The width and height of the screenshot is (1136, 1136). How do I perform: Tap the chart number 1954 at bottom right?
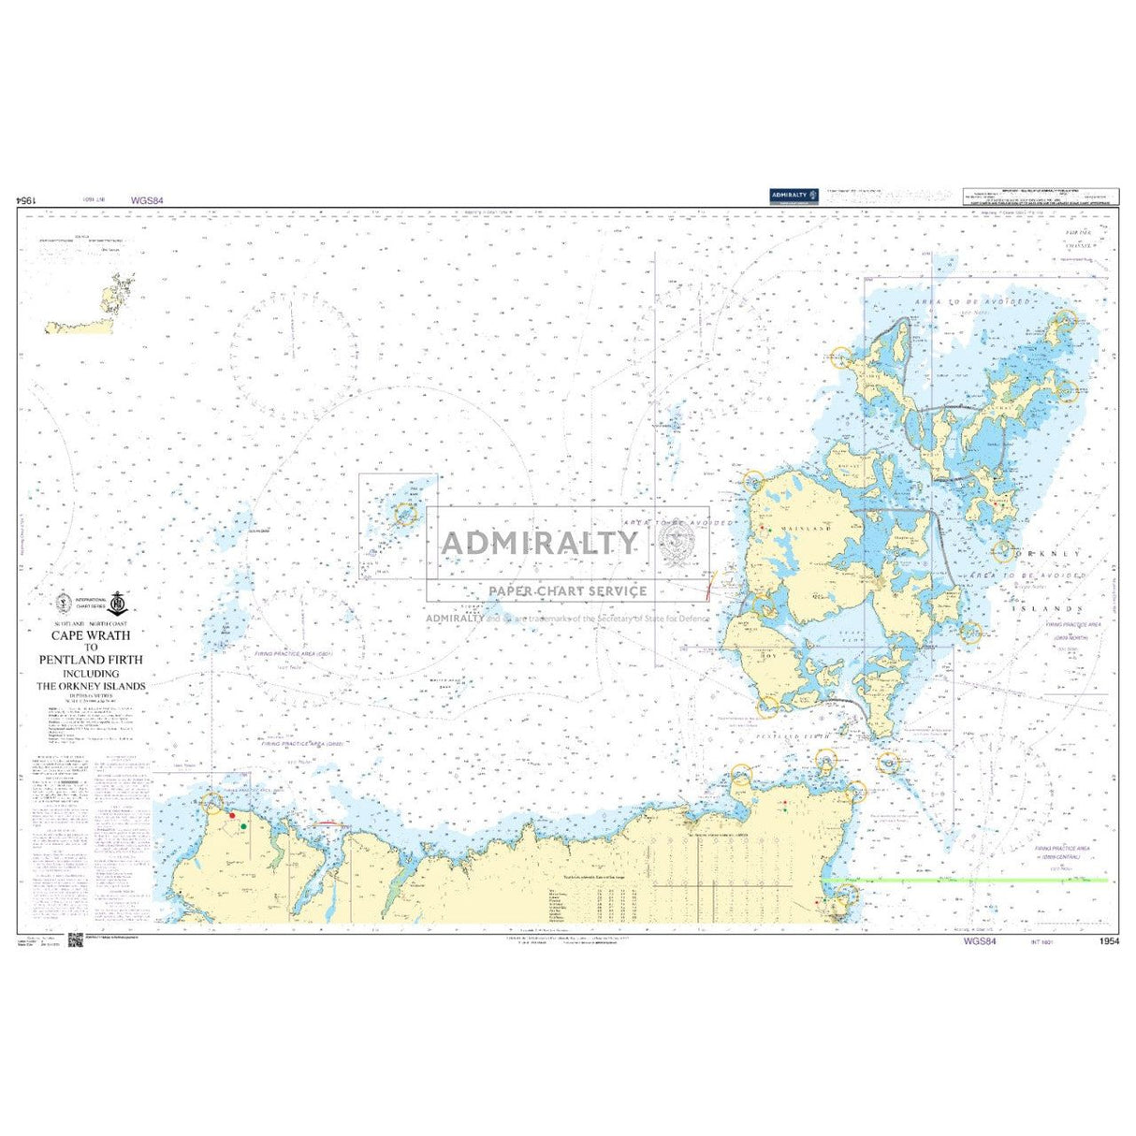(x=1109, y=941)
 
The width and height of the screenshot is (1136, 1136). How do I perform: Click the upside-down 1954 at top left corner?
(x=26, y=200)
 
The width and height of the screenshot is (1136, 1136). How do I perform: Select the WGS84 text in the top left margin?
(x=148, y=200)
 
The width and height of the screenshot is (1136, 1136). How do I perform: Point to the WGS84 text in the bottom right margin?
(x=980, y=941)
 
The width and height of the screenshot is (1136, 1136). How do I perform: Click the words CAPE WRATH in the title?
(x=92, y=634)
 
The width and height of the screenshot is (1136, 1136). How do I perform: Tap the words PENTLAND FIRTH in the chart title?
(x=92, y=659)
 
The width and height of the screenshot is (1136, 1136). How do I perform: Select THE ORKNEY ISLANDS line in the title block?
(x=92, y=685)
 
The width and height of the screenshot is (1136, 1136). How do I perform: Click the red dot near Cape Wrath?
(x=232, y=815)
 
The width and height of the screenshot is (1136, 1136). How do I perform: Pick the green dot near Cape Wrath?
(x=243, y=826)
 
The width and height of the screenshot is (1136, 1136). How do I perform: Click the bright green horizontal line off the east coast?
(x=964, y=880)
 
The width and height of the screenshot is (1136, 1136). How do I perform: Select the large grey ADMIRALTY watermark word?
(x=540, y=543)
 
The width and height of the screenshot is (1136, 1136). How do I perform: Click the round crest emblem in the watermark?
(x=677, y=541)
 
